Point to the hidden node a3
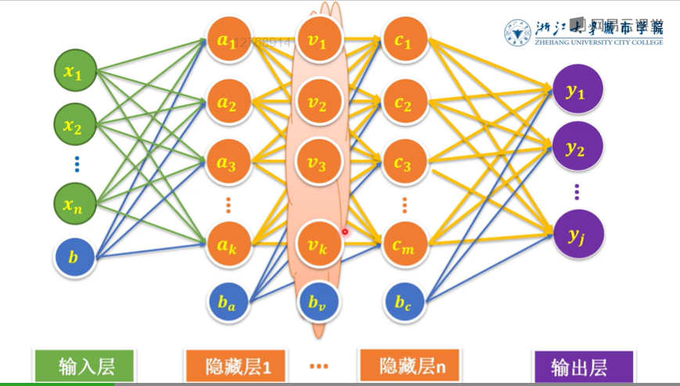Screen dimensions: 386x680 [x=228, y=164]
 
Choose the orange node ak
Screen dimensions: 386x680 [x=228, y=246]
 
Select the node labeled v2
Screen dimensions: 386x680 [x=317, y=103]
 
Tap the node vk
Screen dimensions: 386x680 [x=317, y=246]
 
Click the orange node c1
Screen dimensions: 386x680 [x=404, y=42]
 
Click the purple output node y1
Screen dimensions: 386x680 [x=577, y=91]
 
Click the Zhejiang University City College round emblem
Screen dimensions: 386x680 [x=517, y=33]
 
